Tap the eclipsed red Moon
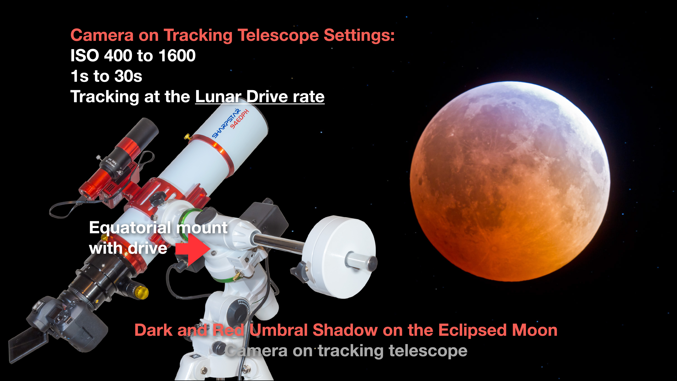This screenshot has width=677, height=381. pyautogui.click(x=510, y=181)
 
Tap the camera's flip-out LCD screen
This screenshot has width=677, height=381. pyautogui.click(x=28, y=344)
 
